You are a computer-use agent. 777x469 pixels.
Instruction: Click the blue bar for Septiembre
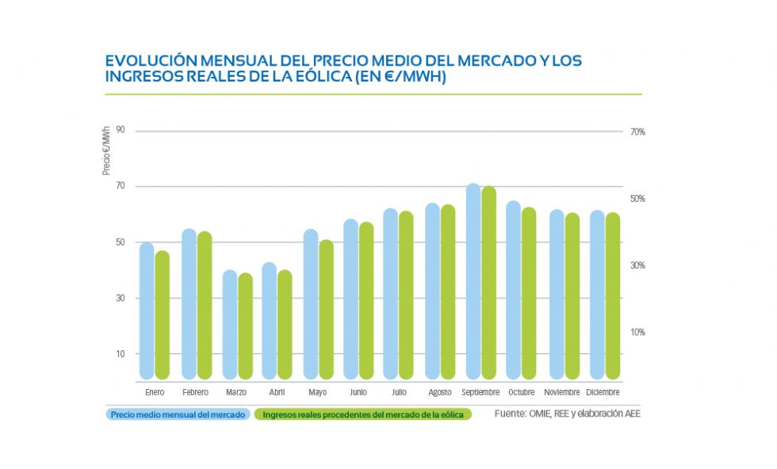[x=473, y=281]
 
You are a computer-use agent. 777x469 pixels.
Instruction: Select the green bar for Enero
[x=162, y=315]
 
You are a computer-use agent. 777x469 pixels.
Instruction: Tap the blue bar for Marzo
[x=229, y=324]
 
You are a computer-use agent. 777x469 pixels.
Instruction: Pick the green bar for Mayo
[x=326, y=309]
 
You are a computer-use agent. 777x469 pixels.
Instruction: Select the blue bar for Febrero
[x=189, y=303]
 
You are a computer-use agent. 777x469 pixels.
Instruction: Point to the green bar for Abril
[x=285, y=324]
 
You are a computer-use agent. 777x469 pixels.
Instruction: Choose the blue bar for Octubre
[x=514, y=290]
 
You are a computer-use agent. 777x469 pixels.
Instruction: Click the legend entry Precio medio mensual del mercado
[x=178, y=414]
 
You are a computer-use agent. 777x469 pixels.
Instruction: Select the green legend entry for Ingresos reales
[x=363, y=414]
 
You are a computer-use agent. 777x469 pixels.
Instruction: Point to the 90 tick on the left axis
[x=120, y=131]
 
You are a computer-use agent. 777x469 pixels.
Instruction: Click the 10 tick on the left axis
[x=121, y=354]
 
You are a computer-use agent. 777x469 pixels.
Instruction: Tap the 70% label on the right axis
[x=637, y=132]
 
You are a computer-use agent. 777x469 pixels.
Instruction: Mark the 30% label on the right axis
[x=637, y=265]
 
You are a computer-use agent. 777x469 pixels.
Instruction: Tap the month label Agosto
[x=440, y=392]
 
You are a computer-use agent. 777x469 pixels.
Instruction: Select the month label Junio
[x=358, y=392]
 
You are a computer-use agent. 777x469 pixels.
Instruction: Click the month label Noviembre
[x=562, y=392]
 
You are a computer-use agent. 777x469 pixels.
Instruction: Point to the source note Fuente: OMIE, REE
[x=566, y=414]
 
